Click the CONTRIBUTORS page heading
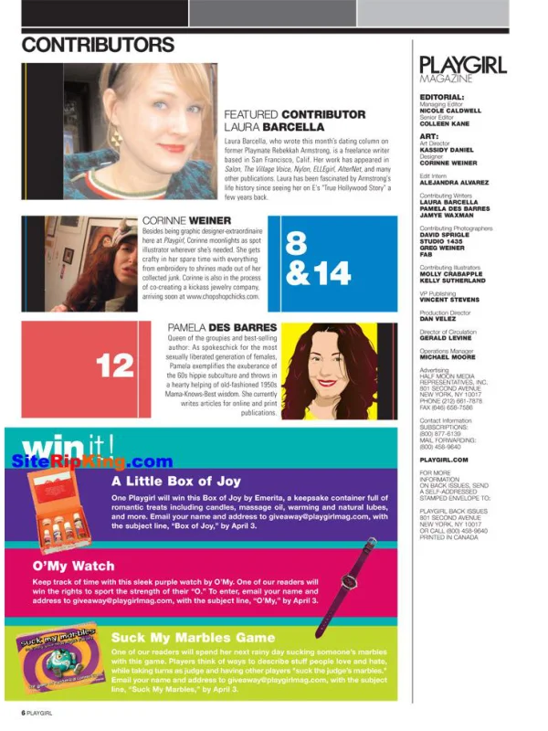coord(98,45)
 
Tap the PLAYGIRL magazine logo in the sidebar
coord(462,65)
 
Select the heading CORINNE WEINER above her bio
coord(187,221)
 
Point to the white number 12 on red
coord(115,366)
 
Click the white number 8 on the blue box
coord(296,243)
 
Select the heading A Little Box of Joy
coord(174,480)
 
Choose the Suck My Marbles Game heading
coord(193,637)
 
